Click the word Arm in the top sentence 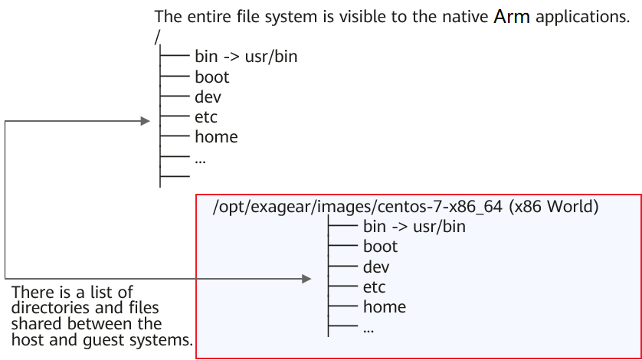coord(512,17)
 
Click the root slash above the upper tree coord(157,38)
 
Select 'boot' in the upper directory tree coord(211,77)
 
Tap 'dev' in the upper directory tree coord(208,97)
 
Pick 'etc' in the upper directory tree coord(206,117)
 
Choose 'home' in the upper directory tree coord(216,137)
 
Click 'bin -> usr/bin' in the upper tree coord(246,57)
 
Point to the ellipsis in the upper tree coord(200,162)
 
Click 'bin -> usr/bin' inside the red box coord(414,227)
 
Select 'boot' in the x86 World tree coord(380,247)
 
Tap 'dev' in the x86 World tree coord(376,267)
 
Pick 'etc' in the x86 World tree coord(374,287)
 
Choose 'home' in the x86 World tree coord(385,306)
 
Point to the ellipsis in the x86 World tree coord(368,331)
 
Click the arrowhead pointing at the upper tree coord(145,121)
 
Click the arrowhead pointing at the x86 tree coord(306,279)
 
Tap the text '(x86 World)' coord(554,206)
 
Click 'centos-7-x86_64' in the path coord(440,207)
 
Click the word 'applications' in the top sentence coord(582,17)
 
